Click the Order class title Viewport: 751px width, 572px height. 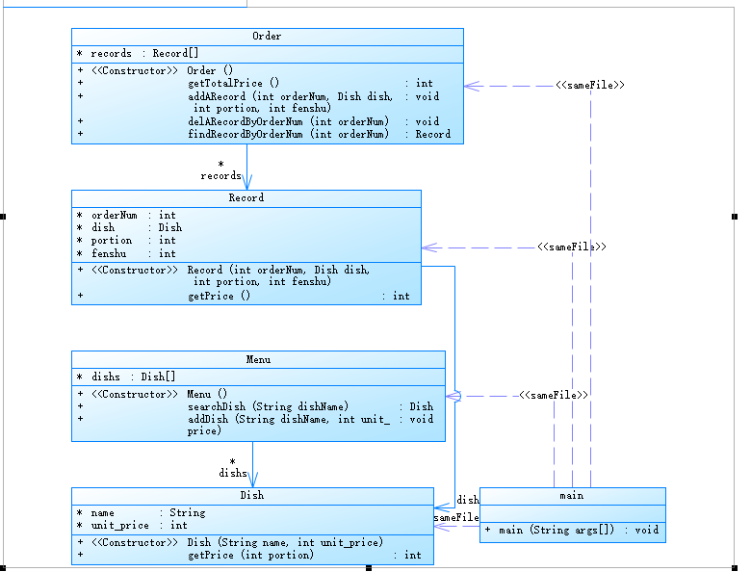tap(267, 37)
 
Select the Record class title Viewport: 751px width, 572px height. tap(246, 198)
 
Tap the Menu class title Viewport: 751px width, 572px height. tap(258, 360)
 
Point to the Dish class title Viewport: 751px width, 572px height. tap(252, 496)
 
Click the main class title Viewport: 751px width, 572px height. tap(572, 496)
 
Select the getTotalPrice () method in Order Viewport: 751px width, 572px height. tap(234, 84)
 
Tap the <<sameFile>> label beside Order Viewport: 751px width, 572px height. tap(590, 86)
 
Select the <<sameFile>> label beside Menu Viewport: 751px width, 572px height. tap(554, 395)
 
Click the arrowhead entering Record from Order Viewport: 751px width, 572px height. tap(247, 185)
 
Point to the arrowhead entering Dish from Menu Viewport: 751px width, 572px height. tap(253, 481)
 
